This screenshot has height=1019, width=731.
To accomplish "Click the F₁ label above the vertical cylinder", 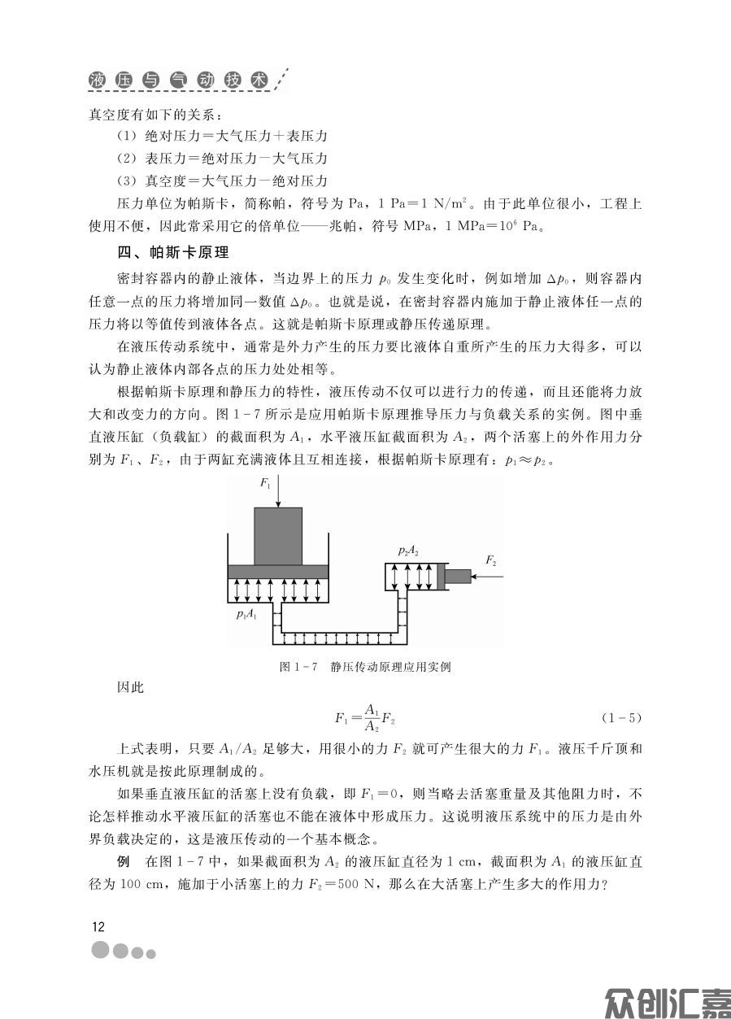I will coord(264,484).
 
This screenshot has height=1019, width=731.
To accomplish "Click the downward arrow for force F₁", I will coord(278,493).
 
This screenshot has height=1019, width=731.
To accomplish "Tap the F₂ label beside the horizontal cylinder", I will coord(490,560).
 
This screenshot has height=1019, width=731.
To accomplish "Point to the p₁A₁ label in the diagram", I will coord(246,614).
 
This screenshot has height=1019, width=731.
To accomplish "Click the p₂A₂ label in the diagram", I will coord(408,551).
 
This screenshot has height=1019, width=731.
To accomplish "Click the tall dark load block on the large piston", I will coord(278,536).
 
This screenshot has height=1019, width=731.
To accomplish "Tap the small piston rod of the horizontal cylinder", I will coord(459,577).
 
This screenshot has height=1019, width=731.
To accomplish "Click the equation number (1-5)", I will coord(622,717).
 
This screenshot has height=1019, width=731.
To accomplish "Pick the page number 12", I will coord(98,927).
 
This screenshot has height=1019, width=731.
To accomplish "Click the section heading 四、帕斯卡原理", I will coord(173,251).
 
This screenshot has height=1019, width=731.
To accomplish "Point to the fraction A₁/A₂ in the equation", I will coord(372,717).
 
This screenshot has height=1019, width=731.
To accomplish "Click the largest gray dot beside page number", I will coord(101,951).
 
